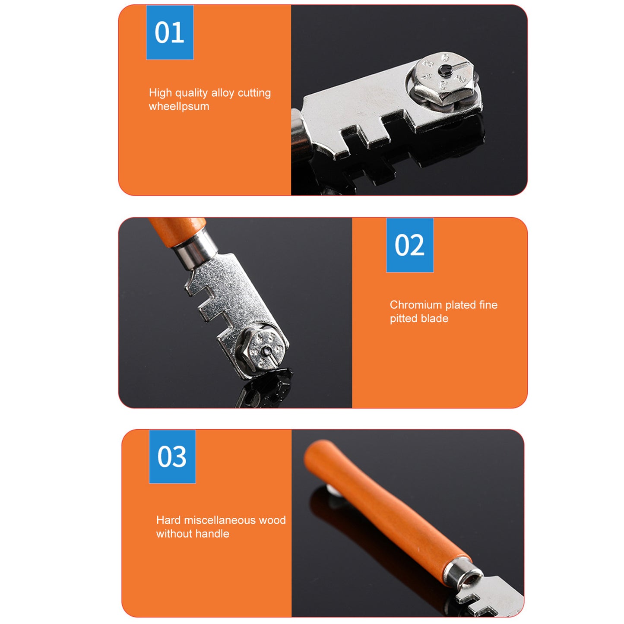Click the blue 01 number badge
tap(170, 32)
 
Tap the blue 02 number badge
tap(410, 245)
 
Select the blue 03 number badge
tap(172, 457)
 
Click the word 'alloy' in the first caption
tap(222, 93)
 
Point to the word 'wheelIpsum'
tap(179, 107)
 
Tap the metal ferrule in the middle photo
tap(196, 251)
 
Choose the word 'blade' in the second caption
tap(437, 319)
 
